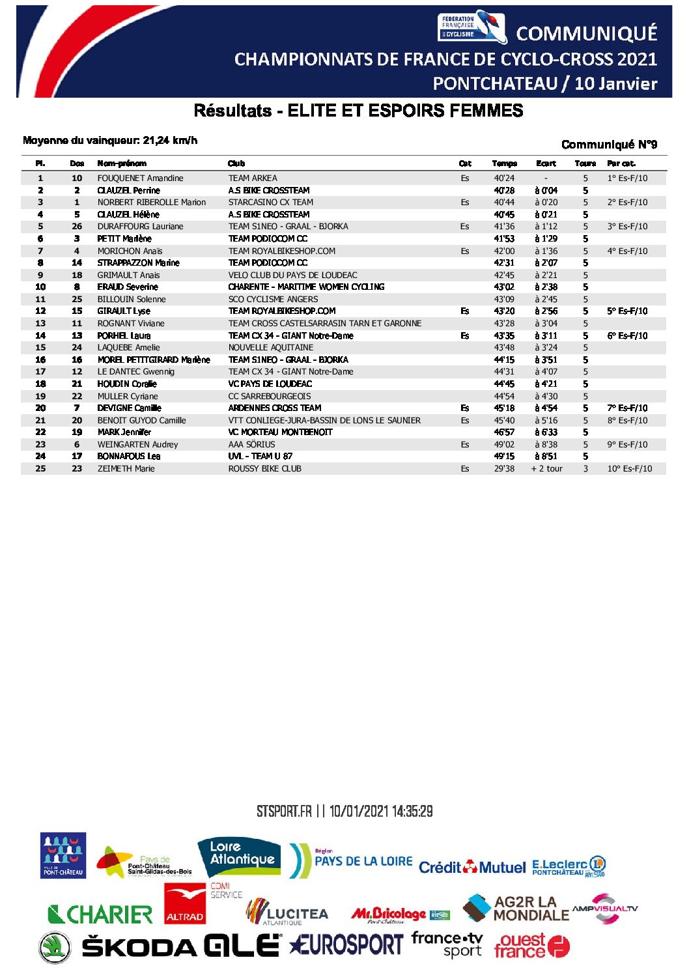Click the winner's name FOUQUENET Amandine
coord(140,178)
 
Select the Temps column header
coord(504,163)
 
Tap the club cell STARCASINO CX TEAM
coord(270,202)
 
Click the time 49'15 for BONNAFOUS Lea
coord(504,457)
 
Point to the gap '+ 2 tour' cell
coord(546,468)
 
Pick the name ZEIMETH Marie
coord(126,468)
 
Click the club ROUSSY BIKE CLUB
coord(264,468)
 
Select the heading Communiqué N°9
coord(609,145)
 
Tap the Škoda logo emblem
coord(55,947)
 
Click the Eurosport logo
coord(346,944)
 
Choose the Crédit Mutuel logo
coord(471,868)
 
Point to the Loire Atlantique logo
coord(240,857)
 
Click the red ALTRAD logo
coord(184,904)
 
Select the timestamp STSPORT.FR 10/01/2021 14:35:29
coord(344,812)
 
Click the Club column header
coord(236,163)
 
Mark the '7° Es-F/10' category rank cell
coord(627,408)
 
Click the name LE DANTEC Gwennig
coord(135,371)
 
